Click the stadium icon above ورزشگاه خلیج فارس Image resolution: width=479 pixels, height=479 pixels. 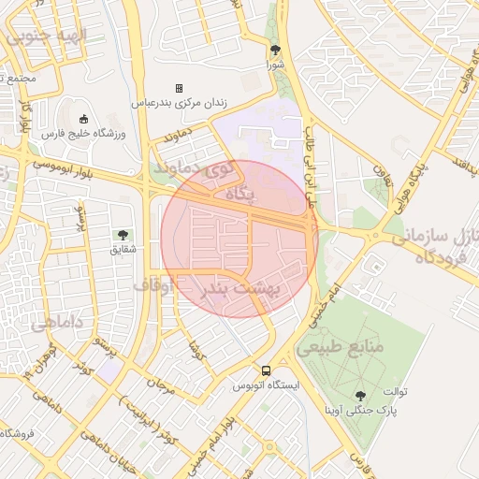tap(84, 119)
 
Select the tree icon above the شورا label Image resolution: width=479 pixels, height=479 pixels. tap(274, 51)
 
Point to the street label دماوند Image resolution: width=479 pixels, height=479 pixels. tap(183, 138)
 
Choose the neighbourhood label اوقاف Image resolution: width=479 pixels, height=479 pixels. tap(153, 284)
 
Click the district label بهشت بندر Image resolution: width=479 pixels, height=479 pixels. tap(242, 289)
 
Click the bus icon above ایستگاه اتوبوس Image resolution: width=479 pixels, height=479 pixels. tap(267, 370)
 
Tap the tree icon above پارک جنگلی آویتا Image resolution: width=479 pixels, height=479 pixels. tap(361, 397)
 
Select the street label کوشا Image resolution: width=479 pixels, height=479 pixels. tap(195, 353)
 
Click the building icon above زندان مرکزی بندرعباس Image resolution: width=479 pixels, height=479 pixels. tap(180, 88)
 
